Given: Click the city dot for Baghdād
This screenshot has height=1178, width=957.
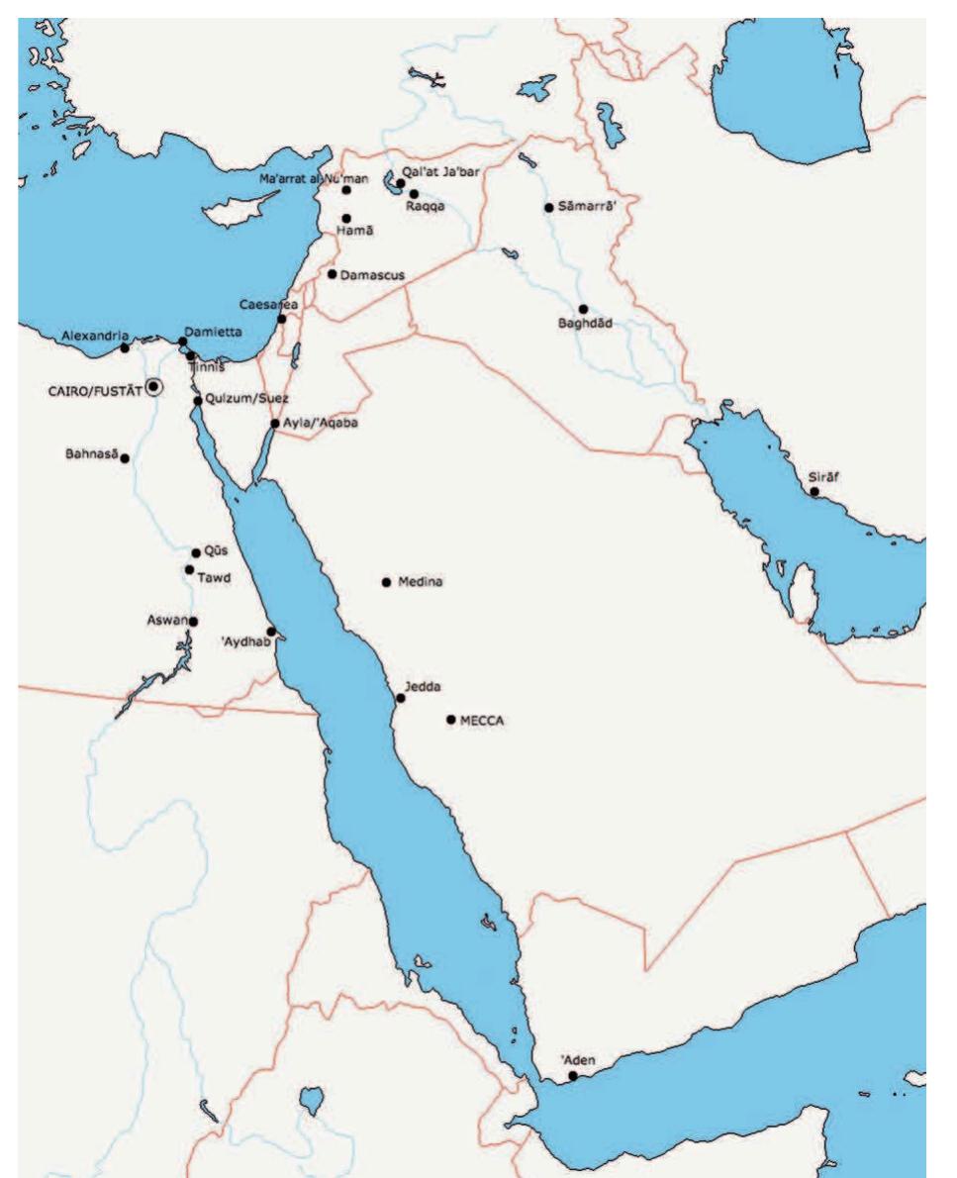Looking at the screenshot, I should [584, 309].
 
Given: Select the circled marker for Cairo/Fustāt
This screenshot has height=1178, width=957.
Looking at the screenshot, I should [153, 387].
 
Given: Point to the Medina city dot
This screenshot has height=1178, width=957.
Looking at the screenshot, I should [386, 582].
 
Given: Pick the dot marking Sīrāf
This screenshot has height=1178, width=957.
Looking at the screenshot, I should [814, 491].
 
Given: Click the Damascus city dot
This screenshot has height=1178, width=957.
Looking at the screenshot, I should [332, 273].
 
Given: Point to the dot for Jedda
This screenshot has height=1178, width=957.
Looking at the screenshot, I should [401, 698].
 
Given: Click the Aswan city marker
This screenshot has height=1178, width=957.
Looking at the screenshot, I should [193, 622].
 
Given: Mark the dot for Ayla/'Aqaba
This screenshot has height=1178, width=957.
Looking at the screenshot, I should [275, 423].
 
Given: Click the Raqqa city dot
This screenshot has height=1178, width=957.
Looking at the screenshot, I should [414, 194].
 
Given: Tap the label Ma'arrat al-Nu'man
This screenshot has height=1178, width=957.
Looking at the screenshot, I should [299, 177].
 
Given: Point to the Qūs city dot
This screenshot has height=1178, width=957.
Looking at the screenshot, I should [196, 553].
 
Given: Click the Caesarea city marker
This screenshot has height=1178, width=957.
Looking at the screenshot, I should [282, 319].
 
